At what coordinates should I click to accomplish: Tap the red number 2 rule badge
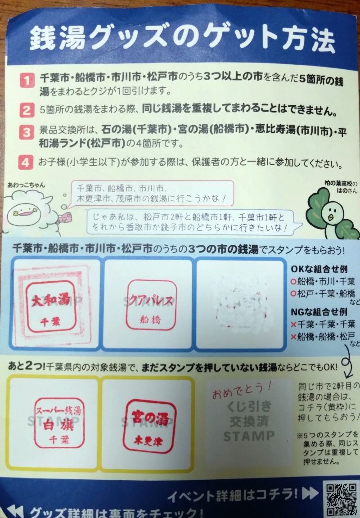pyautogui.click(x=27, y=110)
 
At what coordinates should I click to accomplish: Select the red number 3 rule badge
pyautogui.click(x=27, y=133)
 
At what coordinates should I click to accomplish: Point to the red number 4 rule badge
pyautogui.click(x=27, y=161)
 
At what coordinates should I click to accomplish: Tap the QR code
pyautogui.click(x=340, y=499)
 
